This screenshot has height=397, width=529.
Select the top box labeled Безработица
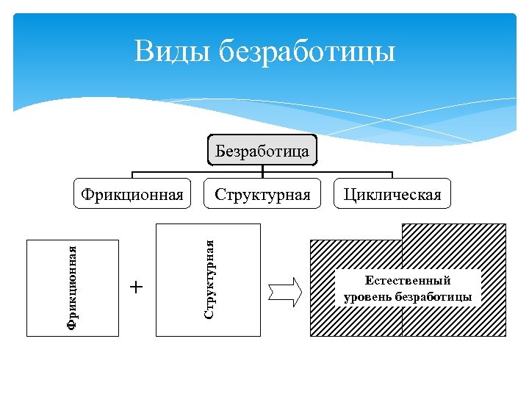point(262,151)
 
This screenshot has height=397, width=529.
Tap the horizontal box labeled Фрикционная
point(132,194)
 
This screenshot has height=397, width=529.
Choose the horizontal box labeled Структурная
point(262,194)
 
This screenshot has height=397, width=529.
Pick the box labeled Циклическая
point(392,194)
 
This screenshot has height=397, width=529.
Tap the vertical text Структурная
point(209,279)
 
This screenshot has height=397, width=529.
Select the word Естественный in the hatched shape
point(407,280)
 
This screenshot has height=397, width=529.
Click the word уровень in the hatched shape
point(367,297)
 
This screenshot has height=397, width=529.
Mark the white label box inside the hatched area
point(408,288)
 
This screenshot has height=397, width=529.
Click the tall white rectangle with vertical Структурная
point(235,279)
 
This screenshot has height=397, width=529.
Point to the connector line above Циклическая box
point(392,174)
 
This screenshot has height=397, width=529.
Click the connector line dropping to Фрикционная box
point(132,174)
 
